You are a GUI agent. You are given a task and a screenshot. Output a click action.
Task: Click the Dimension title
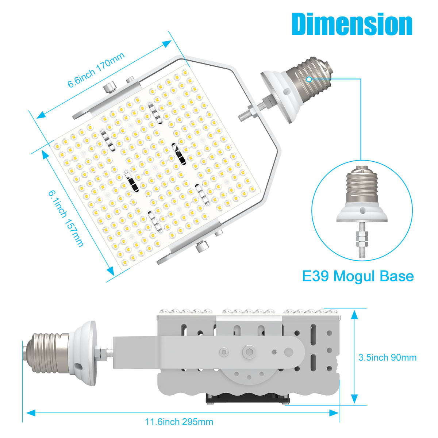tap(352, 24)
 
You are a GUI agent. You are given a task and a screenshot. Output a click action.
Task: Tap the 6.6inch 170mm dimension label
tap(96, 70)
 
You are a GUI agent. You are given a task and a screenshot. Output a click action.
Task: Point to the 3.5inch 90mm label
tap(387, 358)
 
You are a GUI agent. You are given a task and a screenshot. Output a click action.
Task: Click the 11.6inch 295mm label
tap(179, 422)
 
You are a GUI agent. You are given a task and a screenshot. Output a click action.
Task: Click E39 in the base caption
tap(315, 276)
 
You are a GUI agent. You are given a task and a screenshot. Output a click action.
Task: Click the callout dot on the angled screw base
tap(309, 79)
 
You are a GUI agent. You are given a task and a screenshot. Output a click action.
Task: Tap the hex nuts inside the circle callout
tap(362, 239)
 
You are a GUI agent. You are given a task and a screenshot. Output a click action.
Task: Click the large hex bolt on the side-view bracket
tap(249, 352)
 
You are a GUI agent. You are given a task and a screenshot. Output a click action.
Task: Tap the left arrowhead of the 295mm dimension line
tap(31, 413)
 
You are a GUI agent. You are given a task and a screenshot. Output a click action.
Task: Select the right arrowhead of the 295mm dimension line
tap(334, 413)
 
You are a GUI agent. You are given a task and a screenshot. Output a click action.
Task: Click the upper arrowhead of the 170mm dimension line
tap(167, 43)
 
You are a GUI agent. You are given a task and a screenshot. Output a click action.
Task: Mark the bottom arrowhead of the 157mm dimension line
tap(111, 271)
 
